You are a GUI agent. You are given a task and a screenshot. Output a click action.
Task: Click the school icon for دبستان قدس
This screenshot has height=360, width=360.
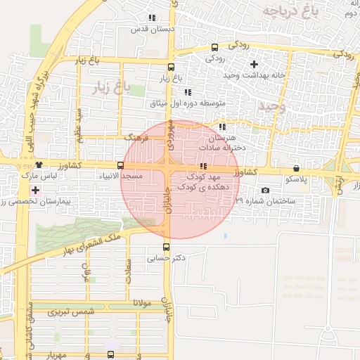click(152, 18)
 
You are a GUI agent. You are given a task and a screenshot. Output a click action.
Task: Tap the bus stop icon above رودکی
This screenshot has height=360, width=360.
click(214, 47)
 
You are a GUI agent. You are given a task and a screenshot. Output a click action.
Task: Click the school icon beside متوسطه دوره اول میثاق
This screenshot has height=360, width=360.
click(187, 92)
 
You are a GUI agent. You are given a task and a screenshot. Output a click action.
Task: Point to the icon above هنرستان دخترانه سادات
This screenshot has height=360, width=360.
click(222, 127)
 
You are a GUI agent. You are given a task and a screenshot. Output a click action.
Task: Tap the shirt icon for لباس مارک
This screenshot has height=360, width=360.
click(38, 165)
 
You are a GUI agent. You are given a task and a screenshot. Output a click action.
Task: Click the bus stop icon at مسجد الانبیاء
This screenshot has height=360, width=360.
click(120, 166)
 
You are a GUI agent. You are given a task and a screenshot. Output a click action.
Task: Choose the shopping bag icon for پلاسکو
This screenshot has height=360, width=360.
click(296, 169)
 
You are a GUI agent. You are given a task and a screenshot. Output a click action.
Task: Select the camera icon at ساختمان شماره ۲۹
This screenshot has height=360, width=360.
click(264, 190)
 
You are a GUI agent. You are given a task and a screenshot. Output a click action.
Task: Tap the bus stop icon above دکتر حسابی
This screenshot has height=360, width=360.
click(166, 247)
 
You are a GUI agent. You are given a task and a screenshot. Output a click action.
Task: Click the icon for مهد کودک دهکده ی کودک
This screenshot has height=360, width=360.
click(203, 167)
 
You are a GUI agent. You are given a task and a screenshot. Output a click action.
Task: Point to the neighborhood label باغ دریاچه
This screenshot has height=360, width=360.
click(286, 12)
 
